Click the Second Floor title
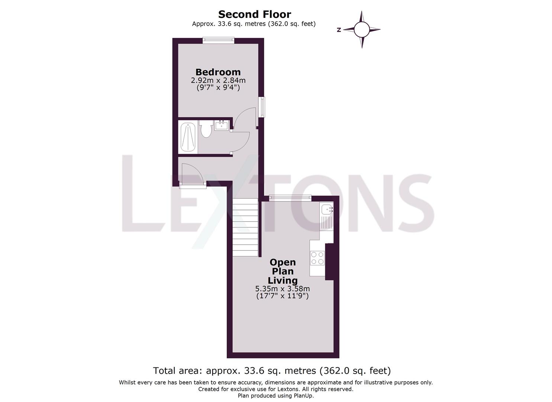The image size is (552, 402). pyautogui.click(x=254, y=14)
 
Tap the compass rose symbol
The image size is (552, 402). pyautogui.click(x=362, y=30)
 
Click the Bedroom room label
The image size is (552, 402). pyautogui.click(x=218, y=72)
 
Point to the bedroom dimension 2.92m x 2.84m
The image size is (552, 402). pyautogui.click(x=218, y=80)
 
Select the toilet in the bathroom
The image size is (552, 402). pyautogui.click(x=206, y=129)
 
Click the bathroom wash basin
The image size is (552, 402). pyautogui.click(x=222, y=125)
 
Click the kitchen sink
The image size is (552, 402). pyautogui.click(x=327, y=210)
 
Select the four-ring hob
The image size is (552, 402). pyautogui.click(x=317, y=258)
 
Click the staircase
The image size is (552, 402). pyautogui.click(x=245, y=227)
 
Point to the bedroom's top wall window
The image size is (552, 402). pyautogui.click(x=218, y=40)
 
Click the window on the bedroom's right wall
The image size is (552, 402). pyautogui.click(x=262, y=107)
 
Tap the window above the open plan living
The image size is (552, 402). pyautogui.click(x=290, y=198)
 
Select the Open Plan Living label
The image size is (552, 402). pyautogui.click(x=283, y=271)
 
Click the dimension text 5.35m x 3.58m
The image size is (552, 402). pyautogui.click(x=283, y=289)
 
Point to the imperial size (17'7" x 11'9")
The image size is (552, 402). pyautogui.click(x=283, y=296)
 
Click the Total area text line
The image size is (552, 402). pyautogui.click(x=272, y=371)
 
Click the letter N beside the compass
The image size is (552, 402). pyautogui.click(x=339, y=30)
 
